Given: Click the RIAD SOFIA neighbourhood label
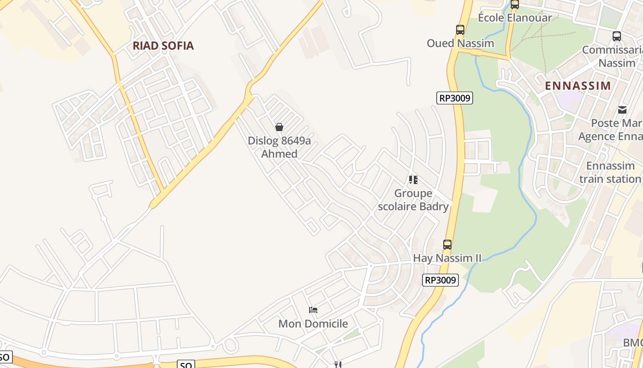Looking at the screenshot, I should coord(163,46).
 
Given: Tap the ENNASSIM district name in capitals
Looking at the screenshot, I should coord(578,86).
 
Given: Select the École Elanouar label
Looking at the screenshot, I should coord(515,17).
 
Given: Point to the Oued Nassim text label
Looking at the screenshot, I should coord(460,43).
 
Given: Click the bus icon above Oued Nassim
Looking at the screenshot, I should coord(460,30).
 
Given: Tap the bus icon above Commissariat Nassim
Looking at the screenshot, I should coord(617,36).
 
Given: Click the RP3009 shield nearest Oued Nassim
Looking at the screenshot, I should coord(454,98).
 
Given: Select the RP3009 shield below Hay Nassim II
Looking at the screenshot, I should coord(440,280).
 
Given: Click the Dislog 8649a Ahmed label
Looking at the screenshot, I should coord(279,147).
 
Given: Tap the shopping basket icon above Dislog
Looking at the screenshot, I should coord(279,127).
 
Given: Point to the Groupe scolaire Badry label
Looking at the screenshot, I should coord(413,200).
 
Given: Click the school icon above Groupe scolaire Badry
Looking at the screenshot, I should coord(413,180).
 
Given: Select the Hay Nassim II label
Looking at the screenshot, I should coord(447,258).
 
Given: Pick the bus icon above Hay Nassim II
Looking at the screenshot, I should coord(447,245).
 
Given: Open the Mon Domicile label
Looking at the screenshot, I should coord(313,324).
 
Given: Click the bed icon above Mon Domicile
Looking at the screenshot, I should coord(313,310).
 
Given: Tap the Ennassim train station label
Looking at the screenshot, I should coord(610,172).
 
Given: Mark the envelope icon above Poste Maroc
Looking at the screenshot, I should coord(622,109).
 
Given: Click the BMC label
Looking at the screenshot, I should coord(633,343).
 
